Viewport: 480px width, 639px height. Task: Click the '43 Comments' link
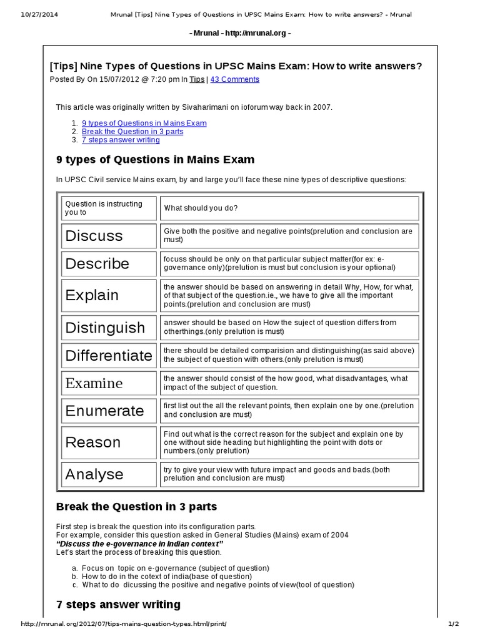coord(234,79)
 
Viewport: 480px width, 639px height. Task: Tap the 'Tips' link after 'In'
coord(197,79)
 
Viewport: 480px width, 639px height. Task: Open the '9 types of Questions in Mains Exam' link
coord(144,123)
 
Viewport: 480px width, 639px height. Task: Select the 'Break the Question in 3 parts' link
coord(132,132)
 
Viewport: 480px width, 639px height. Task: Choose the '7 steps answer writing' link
coord(121,140)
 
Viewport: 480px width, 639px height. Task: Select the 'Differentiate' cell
coord(109,356)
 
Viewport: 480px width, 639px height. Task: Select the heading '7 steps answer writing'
coord(118,604)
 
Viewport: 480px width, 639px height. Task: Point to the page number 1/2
coord(454,624)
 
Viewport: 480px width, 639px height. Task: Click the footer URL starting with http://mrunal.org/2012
coord(124,624)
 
